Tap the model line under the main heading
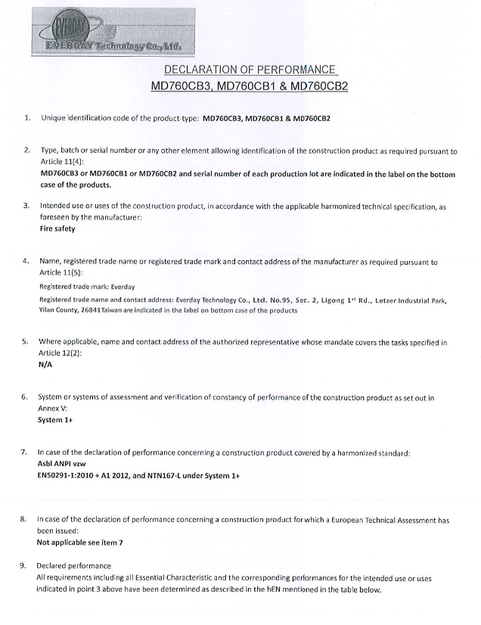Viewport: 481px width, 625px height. click(249, 86)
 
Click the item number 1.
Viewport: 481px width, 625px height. click(27, 119)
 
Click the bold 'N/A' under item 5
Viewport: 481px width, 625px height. click(45, 363)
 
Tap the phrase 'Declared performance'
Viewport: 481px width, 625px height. click(73, 566)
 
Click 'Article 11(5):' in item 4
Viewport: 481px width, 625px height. click(61, 272)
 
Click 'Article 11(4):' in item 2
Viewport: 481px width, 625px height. click(62, 162)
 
